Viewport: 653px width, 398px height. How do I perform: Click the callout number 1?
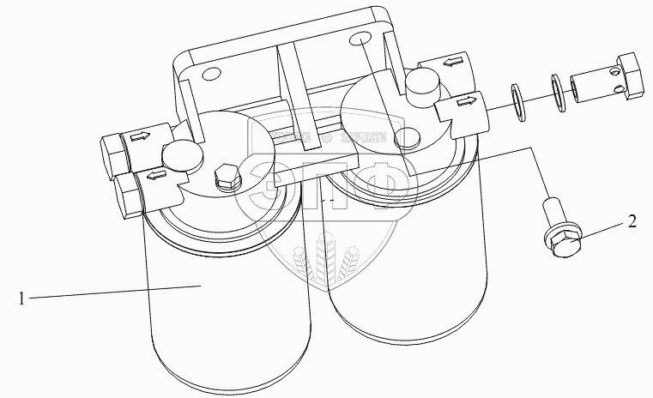click(x=20, y=298)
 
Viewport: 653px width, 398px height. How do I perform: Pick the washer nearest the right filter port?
click(x=519, y=99)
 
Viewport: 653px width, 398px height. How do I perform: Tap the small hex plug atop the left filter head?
click(x=225, y=176)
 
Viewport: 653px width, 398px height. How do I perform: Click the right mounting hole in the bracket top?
click(x=360, y=39)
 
